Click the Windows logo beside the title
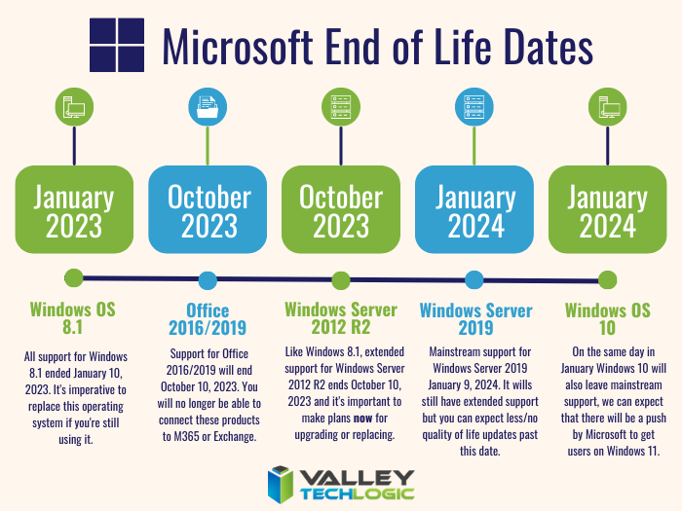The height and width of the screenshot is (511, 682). pyautogui.click(x=116, y=45)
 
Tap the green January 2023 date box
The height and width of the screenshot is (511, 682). pyautogui.click(x=73, y=211)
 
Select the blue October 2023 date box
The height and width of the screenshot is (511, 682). pyautogui.click(x=208, y=211)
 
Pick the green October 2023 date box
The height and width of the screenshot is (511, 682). pyautogui.click(x=341, y=211)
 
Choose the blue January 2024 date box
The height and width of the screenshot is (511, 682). pyautogui.click(x=474, y=211)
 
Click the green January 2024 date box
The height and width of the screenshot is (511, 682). pyautogui.click(x=607, y=211)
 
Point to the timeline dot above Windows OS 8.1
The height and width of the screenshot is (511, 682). pyautogui.click(x=74, y=278)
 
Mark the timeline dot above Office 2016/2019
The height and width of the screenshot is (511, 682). pyautogui.click(x=208, y=280)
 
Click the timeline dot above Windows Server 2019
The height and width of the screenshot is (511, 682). pyautogui.click(x=474, y=280)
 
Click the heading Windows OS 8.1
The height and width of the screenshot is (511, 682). pyautogui.click(x=73, y=319)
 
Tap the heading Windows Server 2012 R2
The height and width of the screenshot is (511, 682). pyautogui.click(x=341, y=319)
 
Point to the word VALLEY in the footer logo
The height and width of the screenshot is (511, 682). pyautogui.click(x=359, y=477)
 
